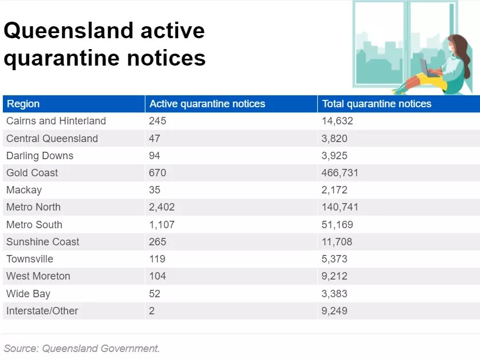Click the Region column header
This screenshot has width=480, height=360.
click(x=23, y=104)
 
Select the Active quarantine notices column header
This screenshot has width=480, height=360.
click(x=207, y=104)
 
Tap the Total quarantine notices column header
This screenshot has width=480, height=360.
click(x=377, y=104)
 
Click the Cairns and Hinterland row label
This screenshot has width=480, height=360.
click(x=56, y=121)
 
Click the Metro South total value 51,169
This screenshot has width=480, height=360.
click(x=337, y=225)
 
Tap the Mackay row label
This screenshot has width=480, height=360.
click(x=24, y=190)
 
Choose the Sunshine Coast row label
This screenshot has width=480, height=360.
click(x=43, y=242)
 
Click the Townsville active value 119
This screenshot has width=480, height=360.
click(x=158, y=259)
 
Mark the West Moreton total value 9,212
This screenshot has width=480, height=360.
click(x=334, y=276)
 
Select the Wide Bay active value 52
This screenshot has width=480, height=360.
click(x=155, y=294)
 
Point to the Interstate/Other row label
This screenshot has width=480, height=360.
click(x=42, y=311)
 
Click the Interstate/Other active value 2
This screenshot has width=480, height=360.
click(x=152, y=311)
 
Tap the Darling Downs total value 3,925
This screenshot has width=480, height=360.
click(x=334, y=156)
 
